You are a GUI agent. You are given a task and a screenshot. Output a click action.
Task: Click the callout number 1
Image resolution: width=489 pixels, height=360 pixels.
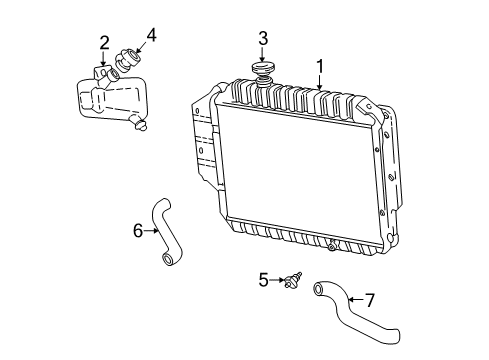(x=320, y=66)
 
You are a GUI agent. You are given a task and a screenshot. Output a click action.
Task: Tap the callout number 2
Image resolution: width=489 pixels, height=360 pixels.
(x=104, y=43)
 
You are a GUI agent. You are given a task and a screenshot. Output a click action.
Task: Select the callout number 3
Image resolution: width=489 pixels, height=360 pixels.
(x=263, y=39)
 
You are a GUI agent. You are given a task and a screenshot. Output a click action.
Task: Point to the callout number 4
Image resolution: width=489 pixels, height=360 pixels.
(x=151, y=35)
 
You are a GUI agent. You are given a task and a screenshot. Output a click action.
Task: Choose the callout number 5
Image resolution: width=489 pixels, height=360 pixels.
(x=263, y=280)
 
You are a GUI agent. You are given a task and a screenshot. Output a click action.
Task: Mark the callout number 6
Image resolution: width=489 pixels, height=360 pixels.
(x=138, y=230)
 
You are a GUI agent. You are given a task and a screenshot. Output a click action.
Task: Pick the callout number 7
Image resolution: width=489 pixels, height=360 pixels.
(x=370, y=300)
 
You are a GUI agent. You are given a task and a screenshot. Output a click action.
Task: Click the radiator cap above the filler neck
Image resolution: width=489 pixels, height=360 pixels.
(x=263, y=69)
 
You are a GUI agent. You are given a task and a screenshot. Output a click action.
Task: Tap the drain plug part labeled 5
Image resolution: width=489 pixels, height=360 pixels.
(x=292, y=280)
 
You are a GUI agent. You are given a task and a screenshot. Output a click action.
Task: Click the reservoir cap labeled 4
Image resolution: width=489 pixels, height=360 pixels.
(x=128, y=59)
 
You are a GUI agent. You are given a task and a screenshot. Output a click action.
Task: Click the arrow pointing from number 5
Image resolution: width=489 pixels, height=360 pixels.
(x=277, y=280)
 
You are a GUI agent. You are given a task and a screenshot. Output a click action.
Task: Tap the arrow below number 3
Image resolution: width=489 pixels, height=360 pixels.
(x=263, y=54)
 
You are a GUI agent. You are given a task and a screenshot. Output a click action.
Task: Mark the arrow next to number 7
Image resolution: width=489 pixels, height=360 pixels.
(x=355, y=300)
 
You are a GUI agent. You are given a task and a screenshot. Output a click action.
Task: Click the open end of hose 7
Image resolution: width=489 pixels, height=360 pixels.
(x=319, y=289)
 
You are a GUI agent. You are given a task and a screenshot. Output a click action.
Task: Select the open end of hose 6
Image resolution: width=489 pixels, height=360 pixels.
(x=167, y=259)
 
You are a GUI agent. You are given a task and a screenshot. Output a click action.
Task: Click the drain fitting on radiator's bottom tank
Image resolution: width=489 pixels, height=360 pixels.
(x=332, y=246)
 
